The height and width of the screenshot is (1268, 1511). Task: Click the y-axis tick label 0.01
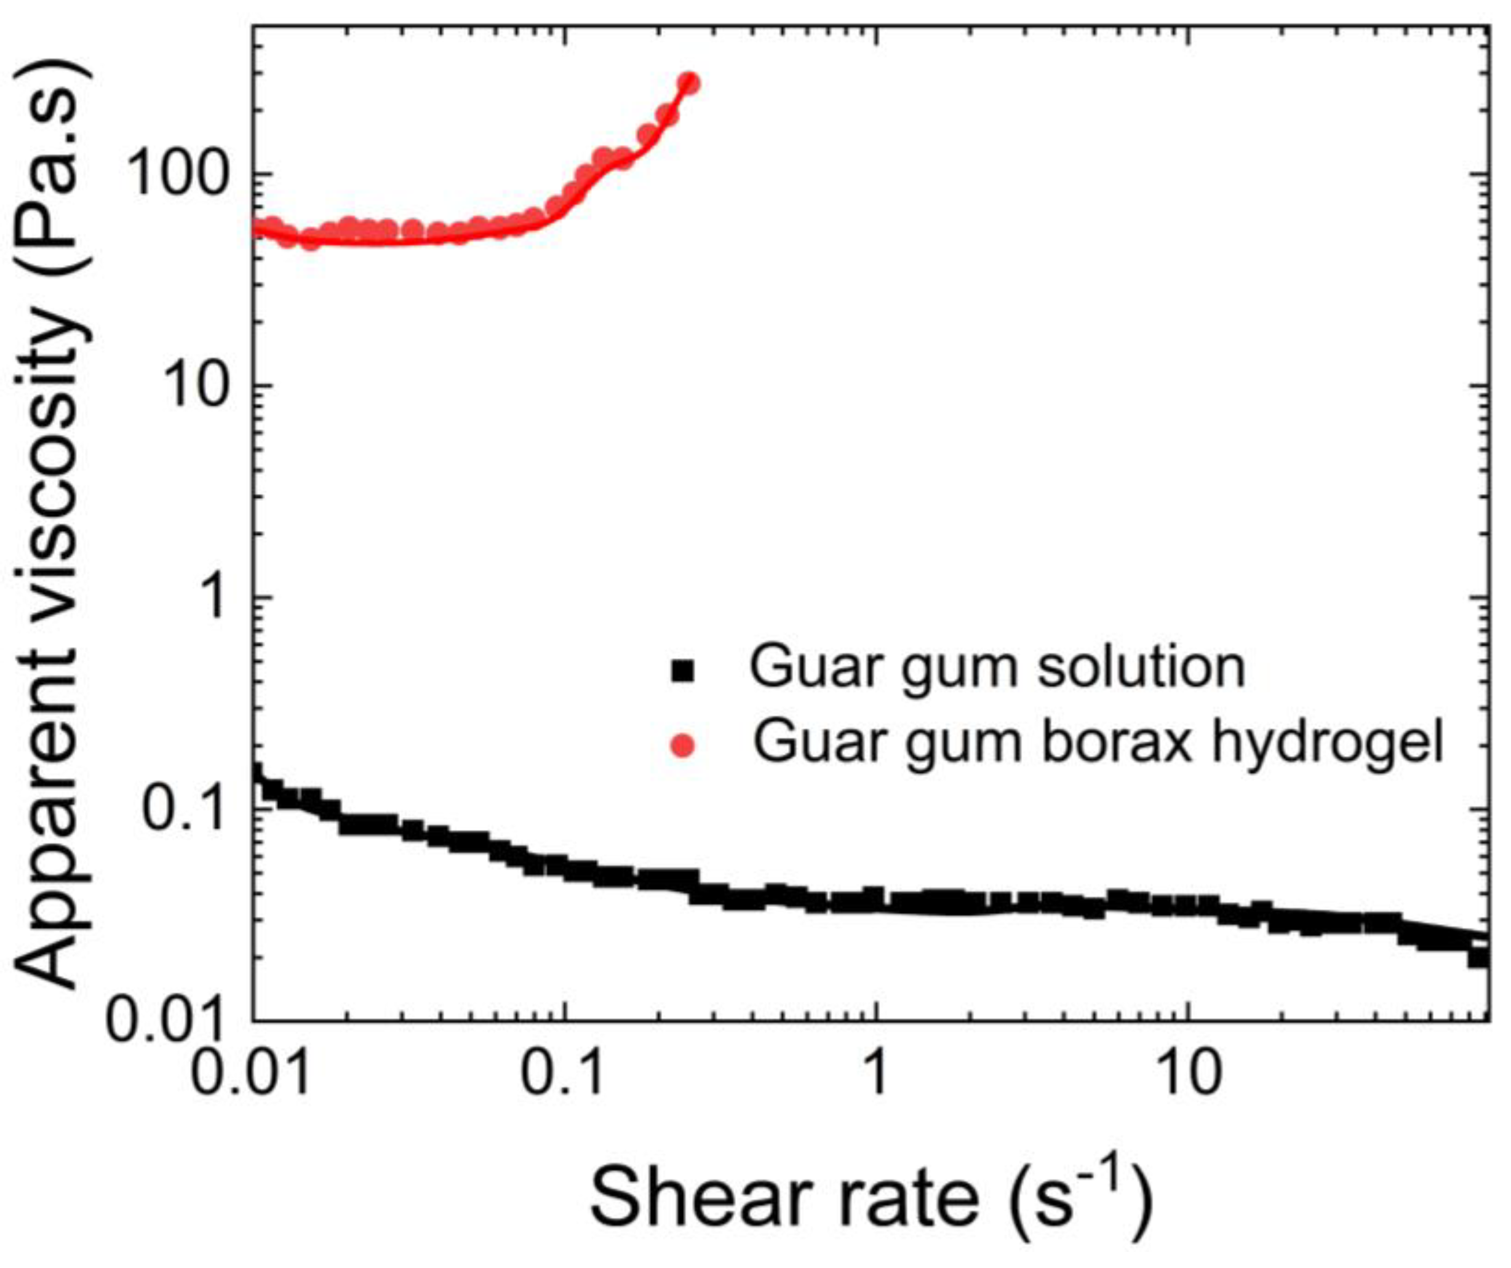[167, 1021]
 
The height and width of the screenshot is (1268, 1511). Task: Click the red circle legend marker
[682, 746]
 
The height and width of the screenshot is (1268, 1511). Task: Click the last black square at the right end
[1478, 958]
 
